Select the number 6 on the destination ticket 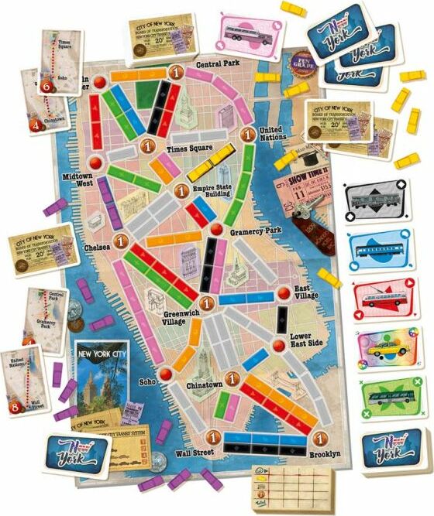pos(46,86)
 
